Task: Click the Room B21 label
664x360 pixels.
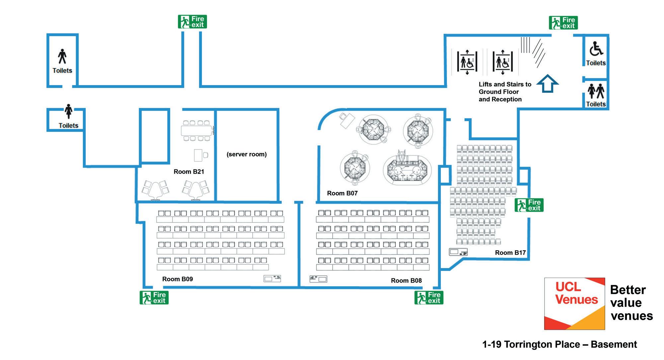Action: point(189,172)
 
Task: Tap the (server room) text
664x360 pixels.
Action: point(247,154)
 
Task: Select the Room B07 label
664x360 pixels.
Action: point(342,193)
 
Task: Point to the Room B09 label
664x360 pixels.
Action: point(177,279)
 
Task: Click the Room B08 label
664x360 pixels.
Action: point(406,281)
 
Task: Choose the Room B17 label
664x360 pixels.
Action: point(510,253)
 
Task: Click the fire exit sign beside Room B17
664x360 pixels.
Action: point(529,205)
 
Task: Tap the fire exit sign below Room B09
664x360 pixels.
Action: point(154,298)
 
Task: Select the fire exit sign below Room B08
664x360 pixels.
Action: point(429,298)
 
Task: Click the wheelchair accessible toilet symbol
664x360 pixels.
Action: point(596,49)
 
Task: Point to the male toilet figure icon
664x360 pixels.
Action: point(62,56)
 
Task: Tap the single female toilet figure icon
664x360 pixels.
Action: point(68,111)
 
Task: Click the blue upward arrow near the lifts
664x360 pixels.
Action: point(547,84)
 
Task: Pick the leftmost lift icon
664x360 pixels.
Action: point(467,62)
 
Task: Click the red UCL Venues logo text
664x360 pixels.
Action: point(576,293)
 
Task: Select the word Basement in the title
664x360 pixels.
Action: point(614,344)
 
